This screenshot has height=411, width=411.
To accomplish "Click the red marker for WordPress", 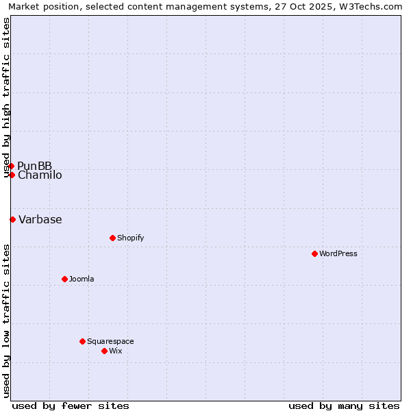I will (314, 253).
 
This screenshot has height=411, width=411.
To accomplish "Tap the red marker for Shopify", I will (112, 238).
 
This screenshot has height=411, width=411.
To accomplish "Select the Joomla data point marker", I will (64, 279).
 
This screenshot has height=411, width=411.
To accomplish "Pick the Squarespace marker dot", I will (82, 341).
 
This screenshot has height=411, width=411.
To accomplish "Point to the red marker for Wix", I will (104, 351).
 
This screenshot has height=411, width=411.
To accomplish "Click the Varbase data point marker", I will (12, 219).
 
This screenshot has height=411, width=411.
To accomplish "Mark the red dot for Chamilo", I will (12, 175).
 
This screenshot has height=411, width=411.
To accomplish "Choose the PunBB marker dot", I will (11, 166).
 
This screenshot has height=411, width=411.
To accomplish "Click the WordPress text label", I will (338, 253).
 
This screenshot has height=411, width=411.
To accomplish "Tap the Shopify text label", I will (130, 238).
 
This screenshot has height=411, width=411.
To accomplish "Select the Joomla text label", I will (82, 279).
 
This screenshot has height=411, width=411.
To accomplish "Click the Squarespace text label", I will (110, 341).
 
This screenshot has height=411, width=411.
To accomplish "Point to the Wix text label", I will (115, 351).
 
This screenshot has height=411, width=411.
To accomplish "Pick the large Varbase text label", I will (40, 219).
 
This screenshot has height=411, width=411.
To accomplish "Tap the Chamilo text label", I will (40, 175).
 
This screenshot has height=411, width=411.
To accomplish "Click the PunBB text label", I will (34, 166).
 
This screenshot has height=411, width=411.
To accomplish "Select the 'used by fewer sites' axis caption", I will (71, 406).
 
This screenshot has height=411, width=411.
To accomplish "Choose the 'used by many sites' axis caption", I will (344, 406).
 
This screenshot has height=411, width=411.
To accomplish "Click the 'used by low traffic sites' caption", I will (7, 321).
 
